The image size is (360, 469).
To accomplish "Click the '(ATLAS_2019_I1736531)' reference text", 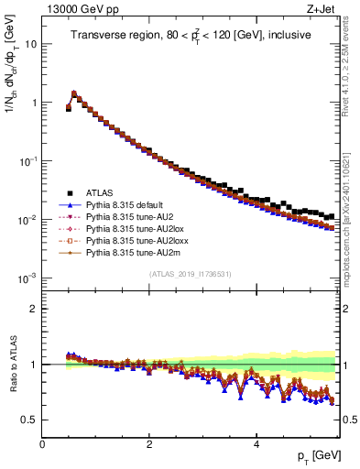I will coord(191,273).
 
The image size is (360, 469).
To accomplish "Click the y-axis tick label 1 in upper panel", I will coord(35,103).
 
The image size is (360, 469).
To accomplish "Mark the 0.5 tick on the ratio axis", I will coord(29,420).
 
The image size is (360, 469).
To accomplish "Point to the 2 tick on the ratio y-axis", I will coord(35,309).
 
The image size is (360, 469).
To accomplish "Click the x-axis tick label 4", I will coord(256,444).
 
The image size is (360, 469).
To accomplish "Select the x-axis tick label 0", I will coord(42,444).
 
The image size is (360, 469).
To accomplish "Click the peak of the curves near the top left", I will coord(74,93).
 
